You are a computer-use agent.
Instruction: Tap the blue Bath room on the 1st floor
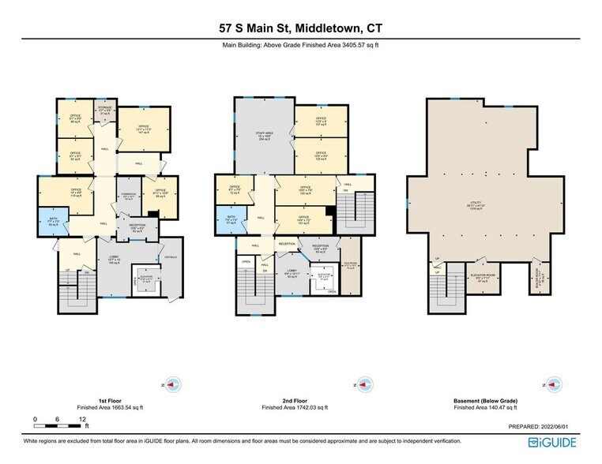[x=54, y=222]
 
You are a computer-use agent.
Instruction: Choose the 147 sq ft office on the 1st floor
[x=143, y=129]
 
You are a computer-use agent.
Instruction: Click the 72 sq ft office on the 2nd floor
[x=233, y=191]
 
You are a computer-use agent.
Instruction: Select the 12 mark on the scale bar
[x=82, y=418]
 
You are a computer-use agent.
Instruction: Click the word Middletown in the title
[x=326, y=28]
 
